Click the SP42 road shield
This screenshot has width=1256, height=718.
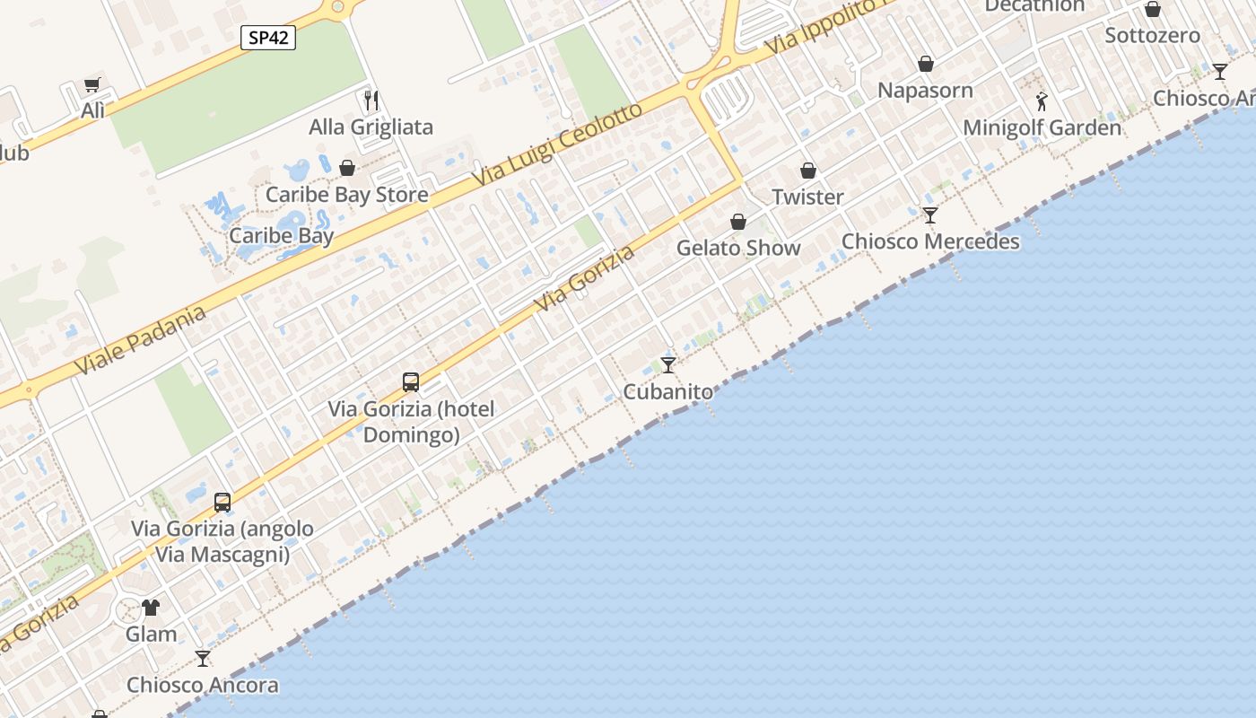coord(268,38)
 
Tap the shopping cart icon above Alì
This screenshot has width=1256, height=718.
coord(92,85)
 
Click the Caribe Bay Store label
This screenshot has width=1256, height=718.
coord(346,195)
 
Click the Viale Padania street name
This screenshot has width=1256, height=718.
coord(140,341)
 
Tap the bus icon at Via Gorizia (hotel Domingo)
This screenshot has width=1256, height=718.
coord(411,382)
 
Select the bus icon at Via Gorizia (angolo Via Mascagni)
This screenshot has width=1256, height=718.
coord(222,503)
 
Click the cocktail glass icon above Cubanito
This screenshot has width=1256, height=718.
coord(668,364)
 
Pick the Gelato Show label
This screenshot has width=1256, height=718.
coord(738,248)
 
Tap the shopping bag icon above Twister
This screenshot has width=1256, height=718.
coord(808,171)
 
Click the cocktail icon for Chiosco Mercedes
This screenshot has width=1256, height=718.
coord(930,215)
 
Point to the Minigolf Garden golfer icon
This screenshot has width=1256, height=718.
coord(1042,101)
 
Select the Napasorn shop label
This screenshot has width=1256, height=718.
coord(925,90)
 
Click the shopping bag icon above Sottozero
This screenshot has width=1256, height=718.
coord(1153,9)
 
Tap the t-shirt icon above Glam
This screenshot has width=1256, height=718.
coord(151,608)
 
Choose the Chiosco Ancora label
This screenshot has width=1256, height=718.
coord(203,685)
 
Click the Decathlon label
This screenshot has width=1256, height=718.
coord(1034,6)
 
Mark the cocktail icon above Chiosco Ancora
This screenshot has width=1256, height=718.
coord(203,659)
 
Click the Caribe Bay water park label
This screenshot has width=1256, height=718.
coord(282,236)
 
